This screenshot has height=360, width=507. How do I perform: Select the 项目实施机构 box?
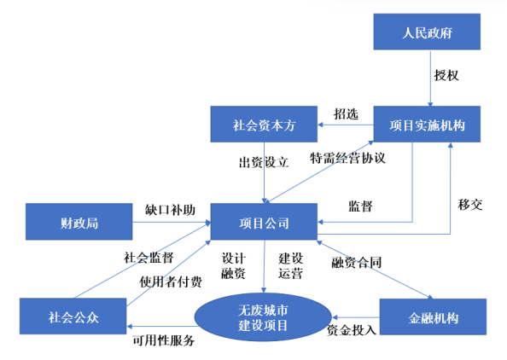tap(428, 125)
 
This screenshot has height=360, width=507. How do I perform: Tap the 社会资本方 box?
tap(264, 125)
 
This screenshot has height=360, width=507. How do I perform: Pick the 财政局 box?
tap(79, 224)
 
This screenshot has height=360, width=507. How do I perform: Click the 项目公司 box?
tap(264, 224)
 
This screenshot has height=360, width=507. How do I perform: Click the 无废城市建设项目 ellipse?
tap(263, 316)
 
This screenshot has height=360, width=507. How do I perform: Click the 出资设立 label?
tap(264, 160)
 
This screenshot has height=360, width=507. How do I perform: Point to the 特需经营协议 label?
tap(348, 159)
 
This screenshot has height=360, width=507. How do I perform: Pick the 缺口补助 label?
tap(170, 209)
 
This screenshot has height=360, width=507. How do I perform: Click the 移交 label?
tap(471, 205)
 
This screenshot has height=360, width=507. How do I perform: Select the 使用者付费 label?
tap(172, 282)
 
